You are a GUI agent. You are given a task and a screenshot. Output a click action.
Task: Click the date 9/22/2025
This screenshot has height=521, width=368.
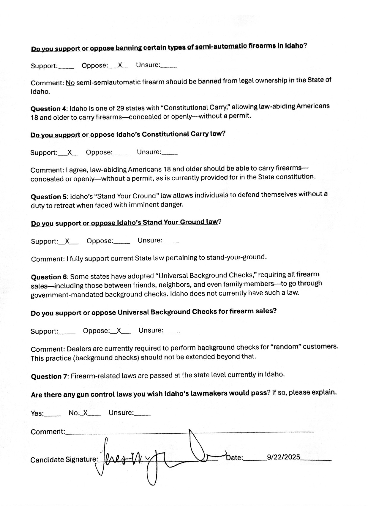(x=283, y=457)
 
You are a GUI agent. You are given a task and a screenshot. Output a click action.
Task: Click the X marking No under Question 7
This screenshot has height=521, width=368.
(x=85, y=413)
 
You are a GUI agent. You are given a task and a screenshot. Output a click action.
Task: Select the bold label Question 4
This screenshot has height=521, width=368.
(x=50, y=108)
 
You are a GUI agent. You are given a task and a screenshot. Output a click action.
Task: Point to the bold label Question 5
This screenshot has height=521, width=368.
(x=50, y=197)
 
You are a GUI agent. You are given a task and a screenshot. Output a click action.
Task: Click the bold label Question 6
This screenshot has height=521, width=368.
(x=50, y=277)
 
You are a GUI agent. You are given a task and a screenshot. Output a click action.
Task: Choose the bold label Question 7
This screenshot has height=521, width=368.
(x=50, y=376)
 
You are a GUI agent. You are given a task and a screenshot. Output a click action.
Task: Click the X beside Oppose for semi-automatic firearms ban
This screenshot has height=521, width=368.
(x=120, y=65)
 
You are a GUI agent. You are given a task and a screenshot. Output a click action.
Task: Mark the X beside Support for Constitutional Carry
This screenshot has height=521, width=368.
(x=70, y=152)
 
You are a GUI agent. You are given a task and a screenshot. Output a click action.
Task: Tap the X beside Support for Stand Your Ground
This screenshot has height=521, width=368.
(x=67, y=241)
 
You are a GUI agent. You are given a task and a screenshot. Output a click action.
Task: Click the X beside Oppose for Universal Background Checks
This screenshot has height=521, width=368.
(x=119, y=331)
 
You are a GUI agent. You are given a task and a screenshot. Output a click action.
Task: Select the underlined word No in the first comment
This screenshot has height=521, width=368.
(x=70, y=83)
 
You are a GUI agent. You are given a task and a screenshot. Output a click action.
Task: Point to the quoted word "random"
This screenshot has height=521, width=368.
(x=285, y=347)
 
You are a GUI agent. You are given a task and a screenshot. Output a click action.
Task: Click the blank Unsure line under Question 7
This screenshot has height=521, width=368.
(x=143, y=414)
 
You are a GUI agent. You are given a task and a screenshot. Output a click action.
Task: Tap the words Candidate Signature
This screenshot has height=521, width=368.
(x=64, y=460)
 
